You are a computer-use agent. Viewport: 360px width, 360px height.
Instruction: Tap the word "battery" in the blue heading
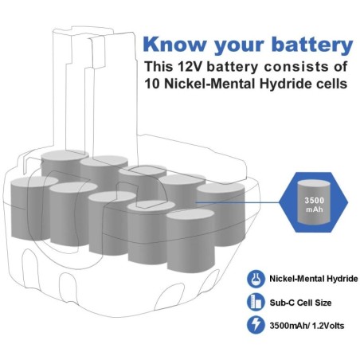312,45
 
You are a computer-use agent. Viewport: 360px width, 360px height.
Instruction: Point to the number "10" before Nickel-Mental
152,84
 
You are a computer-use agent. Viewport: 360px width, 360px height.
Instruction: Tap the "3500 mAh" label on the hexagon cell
315,205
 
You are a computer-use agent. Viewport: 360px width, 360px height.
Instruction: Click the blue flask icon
256,279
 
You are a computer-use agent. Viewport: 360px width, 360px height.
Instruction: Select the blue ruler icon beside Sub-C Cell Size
256,302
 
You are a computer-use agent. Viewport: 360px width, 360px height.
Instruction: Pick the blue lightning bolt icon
256,325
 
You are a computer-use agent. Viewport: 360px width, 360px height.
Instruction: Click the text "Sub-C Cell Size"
300,303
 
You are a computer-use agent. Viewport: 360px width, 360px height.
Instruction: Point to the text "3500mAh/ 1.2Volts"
307,326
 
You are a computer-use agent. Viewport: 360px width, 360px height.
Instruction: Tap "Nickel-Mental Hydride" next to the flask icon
314,279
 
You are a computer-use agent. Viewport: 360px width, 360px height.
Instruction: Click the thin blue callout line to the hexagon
237,202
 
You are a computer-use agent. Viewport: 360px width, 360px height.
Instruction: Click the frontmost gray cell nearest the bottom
190,240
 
